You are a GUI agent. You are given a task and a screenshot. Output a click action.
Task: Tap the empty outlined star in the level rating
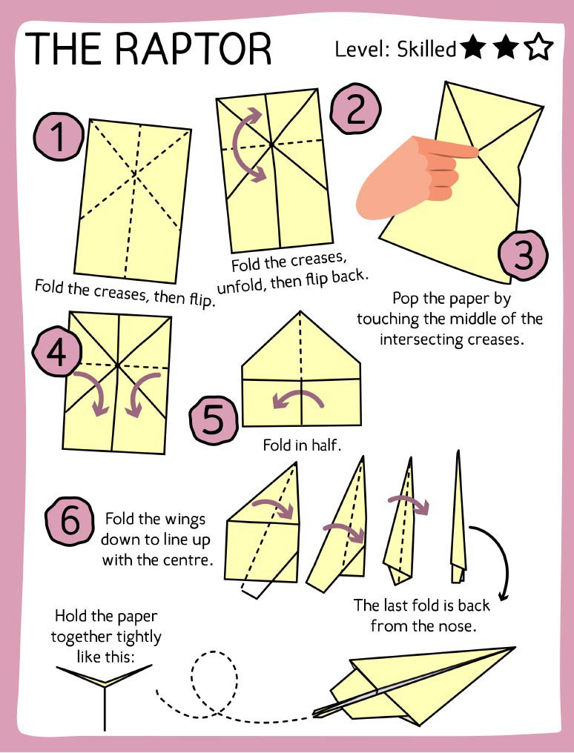click(538, 49)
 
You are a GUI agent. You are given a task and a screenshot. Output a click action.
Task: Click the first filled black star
click(472, 49)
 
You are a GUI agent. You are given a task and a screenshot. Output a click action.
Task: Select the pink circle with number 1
click(57, 138)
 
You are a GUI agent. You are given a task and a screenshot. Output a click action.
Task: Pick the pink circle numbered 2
click(355, 110)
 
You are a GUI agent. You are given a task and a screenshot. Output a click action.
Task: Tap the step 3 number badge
click(523, 256)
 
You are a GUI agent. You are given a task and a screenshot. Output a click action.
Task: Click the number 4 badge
click(56, 354)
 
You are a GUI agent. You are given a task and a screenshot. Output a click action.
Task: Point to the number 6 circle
click(69, 521)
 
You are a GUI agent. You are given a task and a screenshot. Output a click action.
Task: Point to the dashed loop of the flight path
click(214, 674)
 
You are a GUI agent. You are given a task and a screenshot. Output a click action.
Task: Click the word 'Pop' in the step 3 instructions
click(407, 299)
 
